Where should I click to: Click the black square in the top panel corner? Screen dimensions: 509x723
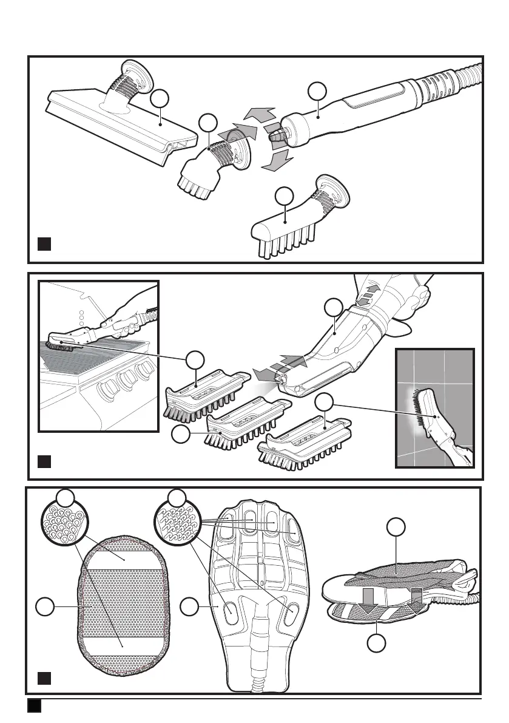43,245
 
